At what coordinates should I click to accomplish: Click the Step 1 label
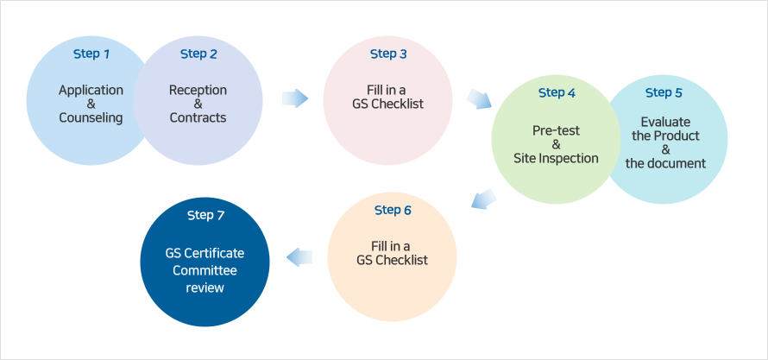point(91,54)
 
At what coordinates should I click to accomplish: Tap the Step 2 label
point(198,54)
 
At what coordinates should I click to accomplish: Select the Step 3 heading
point(388,54)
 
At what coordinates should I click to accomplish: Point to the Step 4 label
point(557,93)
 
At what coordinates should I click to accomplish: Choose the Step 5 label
point(664,93)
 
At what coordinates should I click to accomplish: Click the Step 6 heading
point(393,211)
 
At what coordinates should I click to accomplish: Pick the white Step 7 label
point(205,215)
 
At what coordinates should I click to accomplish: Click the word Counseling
point(91,117)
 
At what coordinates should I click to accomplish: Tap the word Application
point(91,90)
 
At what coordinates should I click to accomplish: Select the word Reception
point(198,90)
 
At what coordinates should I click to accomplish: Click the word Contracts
point(198,117)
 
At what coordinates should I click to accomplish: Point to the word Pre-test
point(556,130)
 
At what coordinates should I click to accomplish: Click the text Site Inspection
point(556,158)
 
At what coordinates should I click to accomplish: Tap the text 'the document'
point(664,163)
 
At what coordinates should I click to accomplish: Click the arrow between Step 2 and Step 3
point(295,98)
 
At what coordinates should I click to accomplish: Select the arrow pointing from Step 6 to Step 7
point(299,256)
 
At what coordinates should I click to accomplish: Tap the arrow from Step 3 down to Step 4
point(478,98)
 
